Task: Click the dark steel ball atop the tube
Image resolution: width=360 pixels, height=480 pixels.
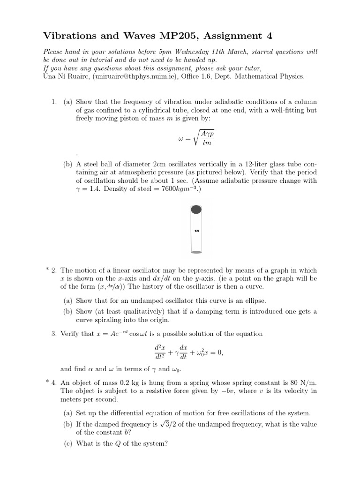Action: [197, 210]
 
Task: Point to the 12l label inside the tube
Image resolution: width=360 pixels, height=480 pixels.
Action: [197, 231]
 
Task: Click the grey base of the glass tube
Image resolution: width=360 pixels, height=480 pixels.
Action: [197, 252]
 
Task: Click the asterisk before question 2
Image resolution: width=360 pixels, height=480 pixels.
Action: [47, 270]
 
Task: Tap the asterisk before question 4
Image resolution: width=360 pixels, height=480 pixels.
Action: [47, 382]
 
